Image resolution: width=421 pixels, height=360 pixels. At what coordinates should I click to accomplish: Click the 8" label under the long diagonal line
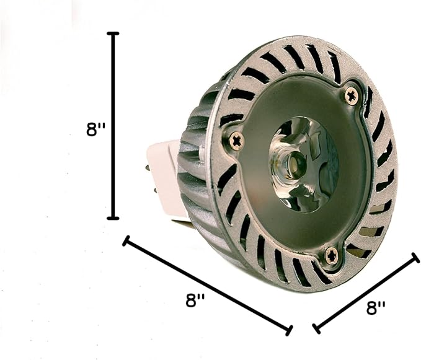tap(195, 300)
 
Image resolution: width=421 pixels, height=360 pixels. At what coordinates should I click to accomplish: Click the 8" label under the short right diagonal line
tap(376, 307)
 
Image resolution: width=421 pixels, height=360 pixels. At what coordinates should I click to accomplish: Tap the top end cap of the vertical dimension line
tap(113, 33)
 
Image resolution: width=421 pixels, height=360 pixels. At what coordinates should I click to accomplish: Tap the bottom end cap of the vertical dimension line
tap(113, 218)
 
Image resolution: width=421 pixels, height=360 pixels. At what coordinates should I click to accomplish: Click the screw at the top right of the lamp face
tap(351, 95)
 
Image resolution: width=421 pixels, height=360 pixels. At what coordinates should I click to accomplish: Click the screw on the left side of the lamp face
tap(237, 140)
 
